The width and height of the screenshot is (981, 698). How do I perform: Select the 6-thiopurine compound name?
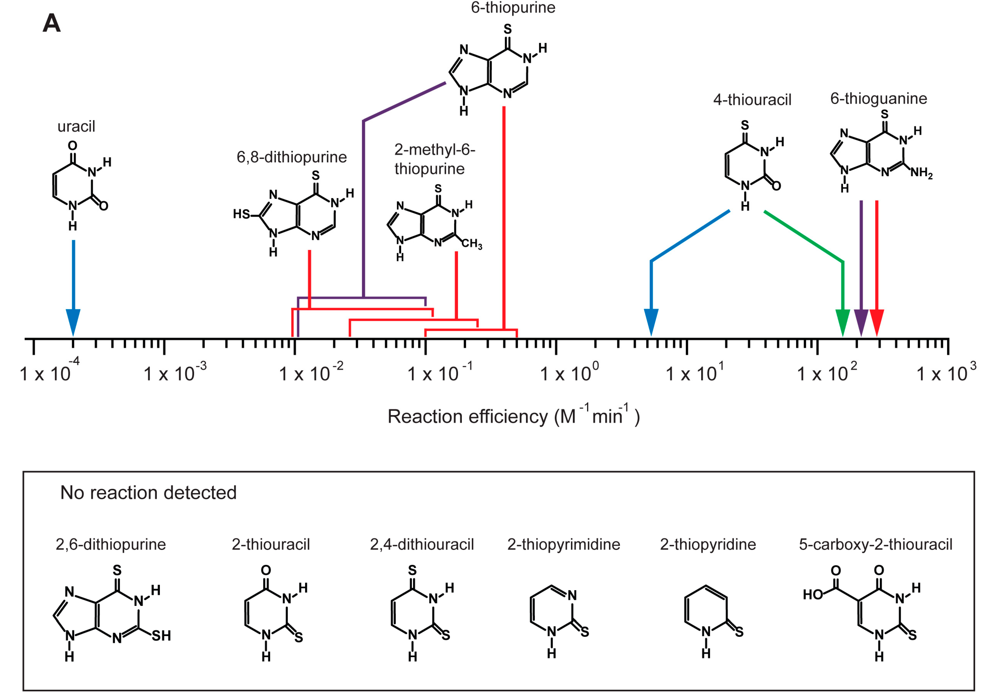[513, 8]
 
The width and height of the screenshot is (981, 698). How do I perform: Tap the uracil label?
[76, 126]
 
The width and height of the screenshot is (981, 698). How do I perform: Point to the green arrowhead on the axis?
[842, 322]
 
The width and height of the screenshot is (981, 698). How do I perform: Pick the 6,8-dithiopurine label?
[292, 157]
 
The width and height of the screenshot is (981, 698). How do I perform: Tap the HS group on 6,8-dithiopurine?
[241, 214]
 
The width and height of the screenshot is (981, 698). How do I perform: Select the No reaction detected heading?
[148, 492]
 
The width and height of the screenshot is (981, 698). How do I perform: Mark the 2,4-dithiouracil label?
[421, 544]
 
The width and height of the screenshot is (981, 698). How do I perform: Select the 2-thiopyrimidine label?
[563, 544]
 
